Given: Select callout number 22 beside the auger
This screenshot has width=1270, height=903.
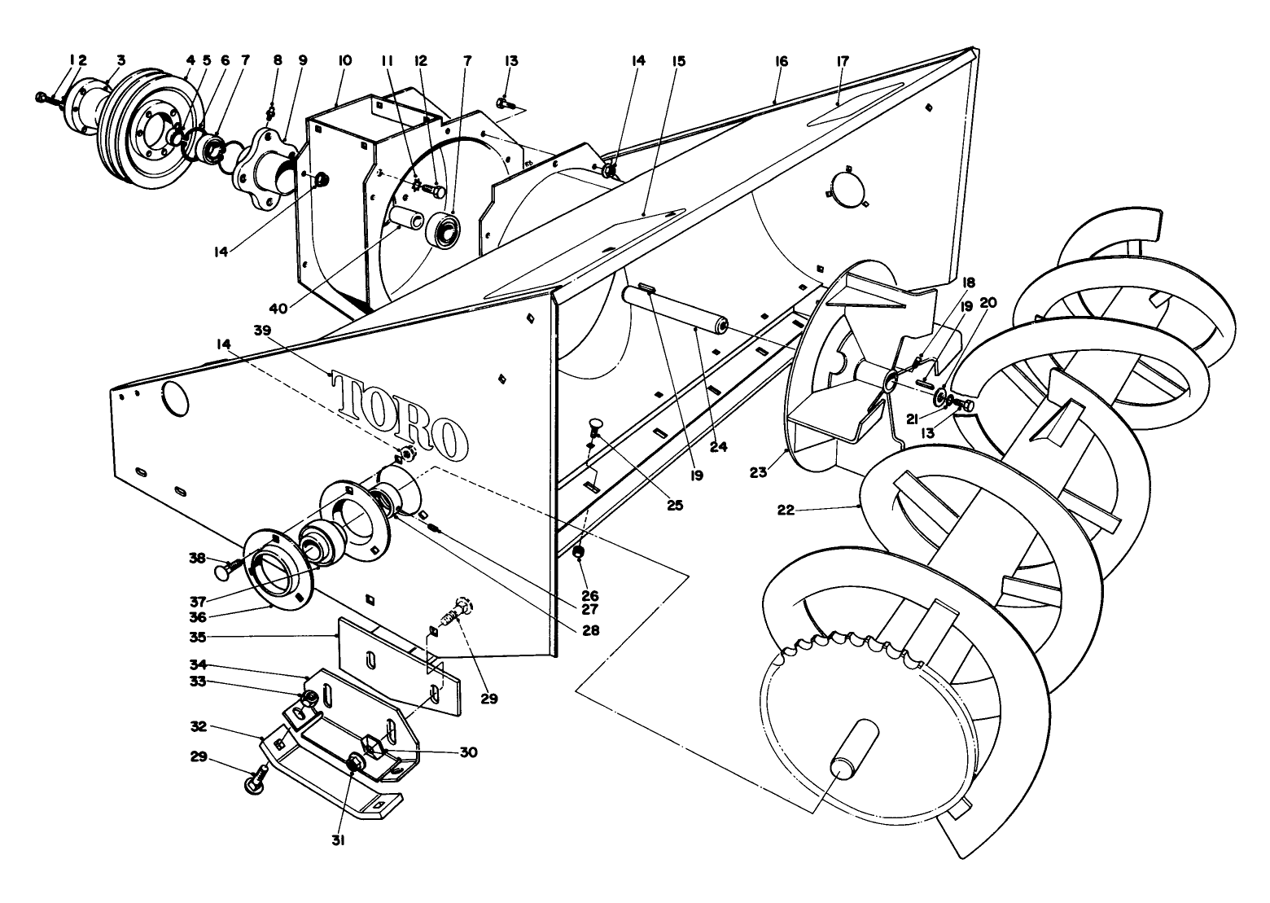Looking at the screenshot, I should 786,511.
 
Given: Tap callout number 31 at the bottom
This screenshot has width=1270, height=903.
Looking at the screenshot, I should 338,841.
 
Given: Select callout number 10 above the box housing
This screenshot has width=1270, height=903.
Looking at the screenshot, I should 345,61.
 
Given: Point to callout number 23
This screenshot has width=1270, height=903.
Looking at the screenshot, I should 759,471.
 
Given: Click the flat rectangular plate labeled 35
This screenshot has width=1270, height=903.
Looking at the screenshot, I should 399,664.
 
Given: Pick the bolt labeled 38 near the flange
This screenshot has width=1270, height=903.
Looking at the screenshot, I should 229,568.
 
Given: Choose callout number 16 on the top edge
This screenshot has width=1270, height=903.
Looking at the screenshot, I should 782,61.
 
